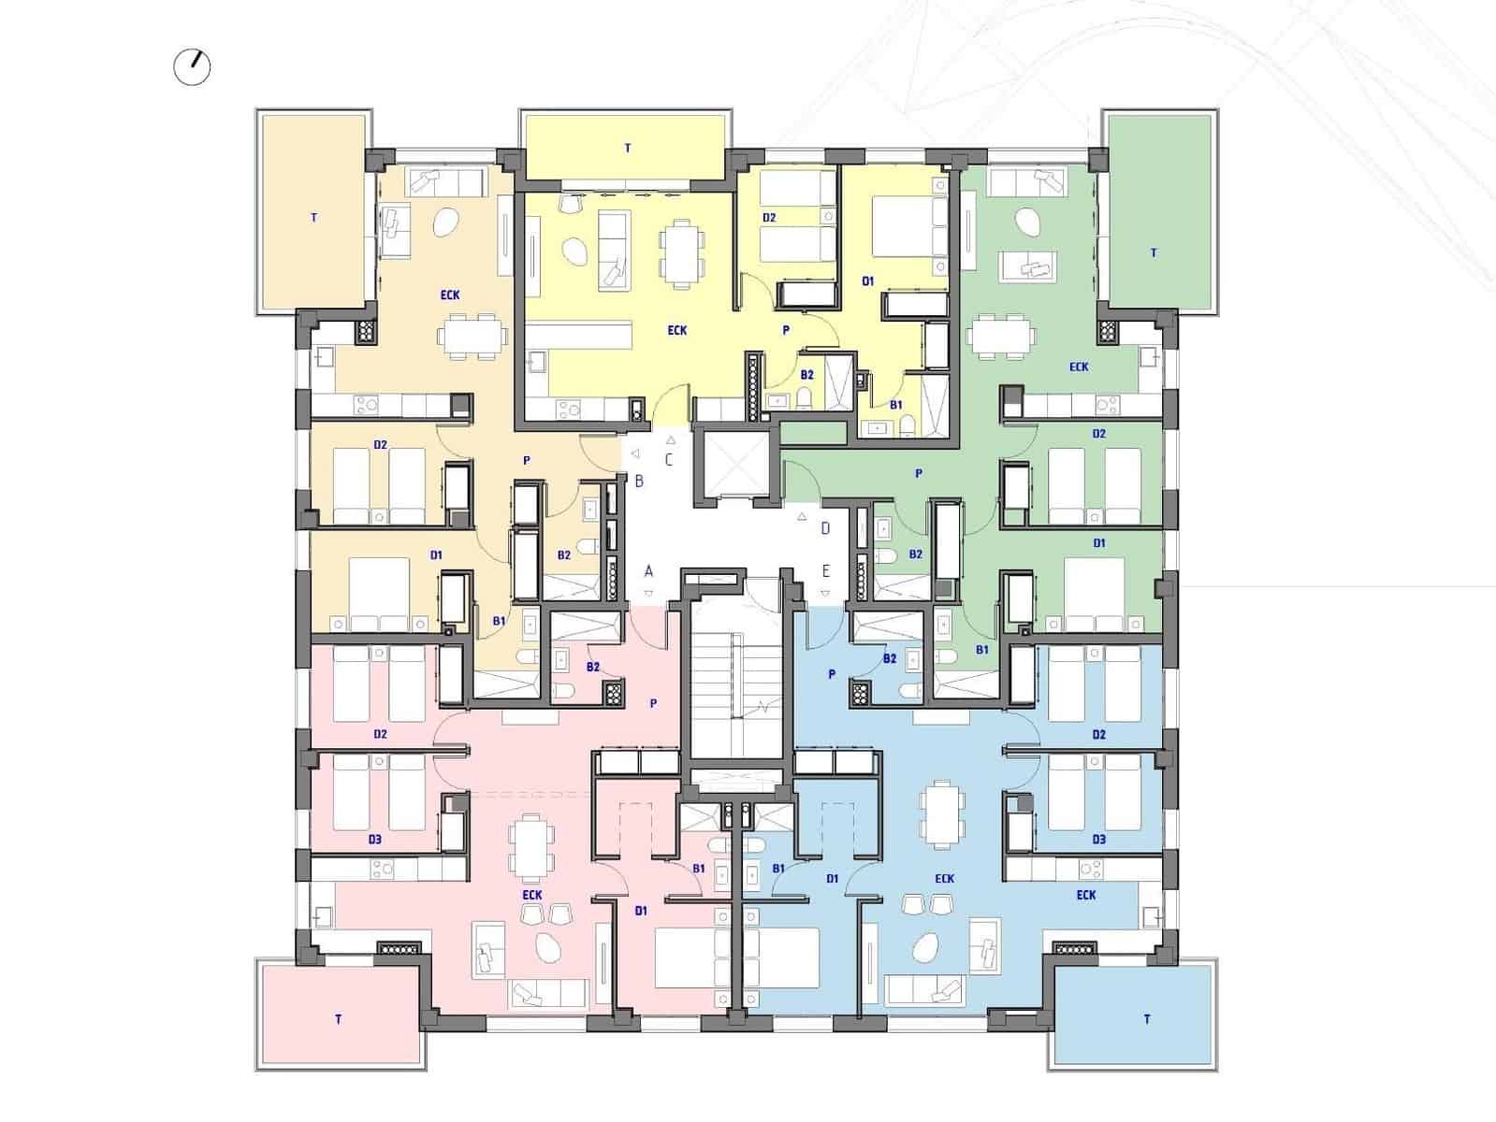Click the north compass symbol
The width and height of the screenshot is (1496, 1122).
point(193,67)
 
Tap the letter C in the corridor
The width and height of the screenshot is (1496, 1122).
point(669,459)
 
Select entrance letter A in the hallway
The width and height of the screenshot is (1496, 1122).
point(648,571)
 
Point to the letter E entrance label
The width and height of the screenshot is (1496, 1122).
point(825,571)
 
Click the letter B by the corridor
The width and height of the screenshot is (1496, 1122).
point(639,482)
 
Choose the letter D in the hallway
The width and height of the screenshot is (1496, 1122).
point(825,528)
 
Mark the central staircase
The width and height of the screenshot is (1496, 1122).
point(735,683)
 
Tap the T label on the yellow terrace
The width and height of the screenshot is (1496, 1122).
point(628,148)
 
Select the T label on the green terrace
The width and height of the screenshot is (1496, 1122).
point(1154,252)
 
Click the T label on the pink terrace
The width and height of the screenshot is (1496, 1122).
point(339,1019)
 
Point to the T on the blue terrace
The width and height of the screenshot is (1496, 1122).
point(1147,1019)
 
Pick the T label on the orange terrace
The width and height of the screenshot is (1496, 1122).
point(313,218)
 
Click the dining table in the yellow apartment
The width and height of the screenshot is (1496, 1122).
point(682,253)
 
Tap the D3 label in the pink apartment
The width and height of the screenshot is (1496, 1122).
point(374,840)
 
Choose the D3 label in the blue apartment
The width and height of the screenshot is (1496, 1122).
point(1099,840)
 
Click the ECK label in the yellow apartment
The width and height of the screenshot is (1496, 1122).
point(677,330)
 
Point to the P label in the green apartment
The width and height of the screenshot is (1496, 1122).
point(919,474)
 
